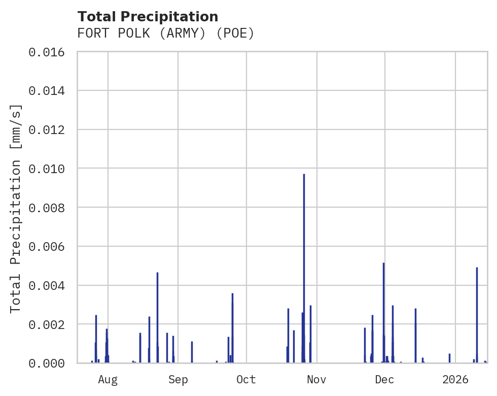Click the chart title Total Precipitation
tap(148, 17)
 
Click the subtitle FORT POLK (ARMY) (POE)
tap(165, 34)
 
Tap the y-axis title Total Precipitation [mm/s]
tap(16, 208)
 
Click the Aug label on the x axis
tap(108, 380)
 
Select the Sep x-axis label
tap(178, 380)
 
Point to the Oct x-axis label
tap(246, 380)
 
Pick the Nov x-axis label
tap(316, 380)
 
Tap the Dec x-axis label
tap(384, 380)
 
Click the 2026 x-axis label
tap(455, 380)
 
